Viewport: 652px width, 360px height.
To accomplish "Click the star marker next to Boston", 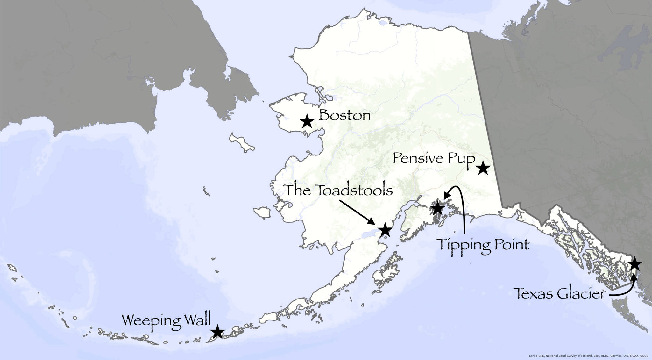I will coord(307,121).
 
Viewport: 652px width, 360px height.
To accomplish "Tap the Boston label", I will coord(345,115).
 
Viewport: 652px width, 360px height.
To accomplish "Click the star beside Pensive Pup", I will coord(483,168).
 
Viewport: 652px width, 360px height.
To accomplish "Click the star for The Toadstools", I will coord(385,230).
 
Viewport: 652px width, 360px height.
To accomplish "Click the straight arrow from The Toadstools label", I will coord(357,212).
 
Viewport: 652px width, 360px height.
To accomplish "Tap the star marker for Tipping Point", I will coord(437,208).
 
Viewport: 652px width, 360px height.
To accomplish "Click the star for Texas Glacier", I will coord(634,264).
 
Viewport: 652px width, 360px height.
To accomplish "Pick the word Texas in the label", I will coord(531,294).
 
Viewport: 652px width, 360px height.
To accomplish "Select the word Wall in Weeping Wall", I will coord(196,320).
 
